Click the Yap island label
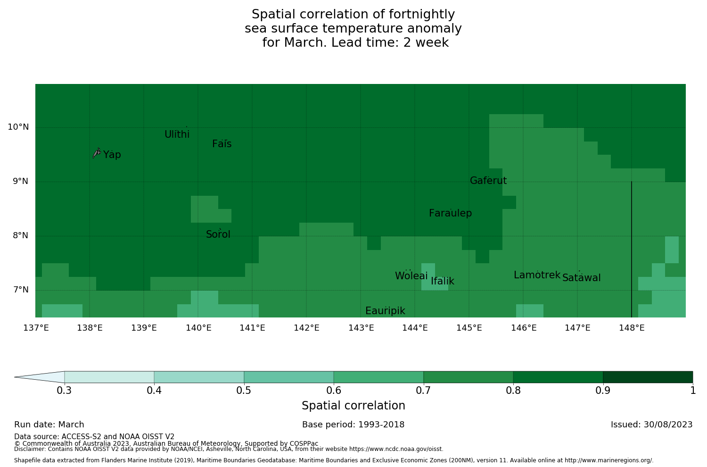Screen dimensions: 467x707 (x=112, y=155)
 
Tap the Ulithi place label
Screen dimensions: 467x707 (x=177, y=134)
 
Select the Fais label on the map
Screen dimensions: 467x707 (x=222, y=144)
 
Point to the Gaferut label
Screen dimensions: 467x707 (x=488, y=181)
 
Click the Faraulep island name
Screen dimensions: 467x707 (x=450, y=213)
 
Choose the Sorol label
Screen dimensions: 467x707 (x=218, y=234)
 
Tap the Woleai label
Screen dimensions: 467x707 (x=411, y=276)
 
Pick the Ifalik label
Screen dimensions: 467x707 (x=443, y=281)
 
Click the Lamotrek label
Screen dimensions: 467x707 (x=537, y=275)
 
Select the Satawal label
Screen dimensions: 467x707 (x=581, y=278)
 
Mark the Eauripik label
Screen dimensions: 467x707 (x=385, y=311)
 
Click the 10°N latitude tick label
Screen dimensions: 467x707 (x=18, y=127)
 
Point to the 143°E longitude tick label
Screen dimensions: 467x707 (x=361, y=328)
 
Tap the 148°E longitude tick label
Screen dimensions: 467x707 (x=632, y=328)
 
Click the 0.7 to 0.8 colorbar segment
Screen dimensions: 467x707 (x=468, y=377)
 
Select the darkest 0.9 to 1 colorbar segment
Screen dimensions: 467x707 (x=648, y=377)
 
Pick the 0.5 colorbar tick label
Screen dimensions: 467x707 (x=244, y=390)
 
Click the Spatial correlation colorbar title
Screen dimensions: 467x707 (x=353, y=406)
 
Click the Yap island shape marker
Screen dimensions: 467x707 (x=97, y=152)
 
